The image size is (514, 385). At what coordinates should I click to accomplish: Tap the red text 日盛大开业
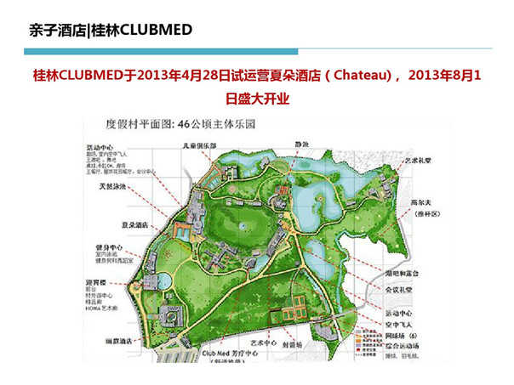point(257,99)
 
